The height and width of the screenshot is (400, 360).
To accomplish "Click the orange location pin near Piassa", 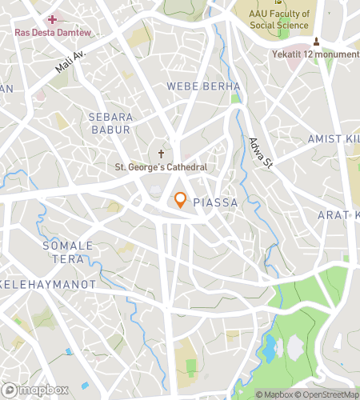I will [x=181, y=200].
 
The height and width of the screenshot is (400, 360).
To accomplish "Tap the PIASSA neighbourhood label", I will [x=215, y=203].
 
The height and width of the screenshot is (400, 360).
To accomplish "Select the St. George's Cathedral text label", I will [x=162, y=167].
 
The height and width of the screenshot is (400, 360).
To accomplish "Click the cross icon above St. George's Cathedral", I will [x=161, y=152].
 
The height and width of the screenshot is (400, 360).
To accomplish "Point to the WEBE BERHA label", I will [x=203, y=86].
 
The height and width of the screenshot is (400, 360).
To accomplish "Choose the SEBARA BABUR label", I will [x=110, y=123].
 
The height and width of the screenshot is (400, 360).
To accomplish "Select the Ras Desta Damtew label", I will [x=52, y=32].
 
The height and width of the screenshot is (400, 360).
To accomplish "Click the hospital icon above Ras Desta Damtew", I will [x=53, y=18].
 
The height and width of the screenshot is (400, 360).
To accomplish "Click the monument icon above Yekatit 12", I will [x=317, y=41].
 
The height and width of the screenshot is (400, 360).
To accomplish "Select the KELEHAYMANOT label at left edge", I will [x=48, y=284].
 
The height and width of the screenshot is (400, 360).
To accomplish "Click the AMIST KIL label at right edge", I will [x=334, y=139].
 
